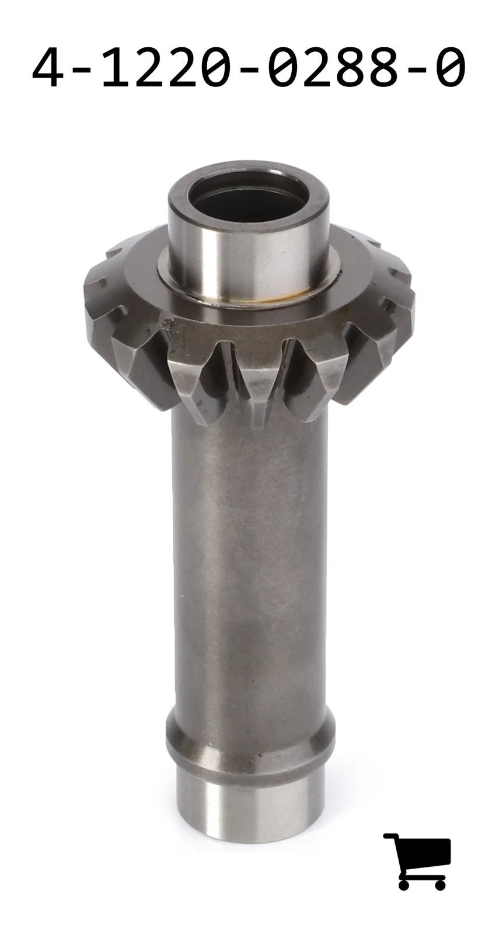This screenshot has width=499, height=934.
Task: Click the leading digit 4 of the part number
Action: (48, 67)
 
